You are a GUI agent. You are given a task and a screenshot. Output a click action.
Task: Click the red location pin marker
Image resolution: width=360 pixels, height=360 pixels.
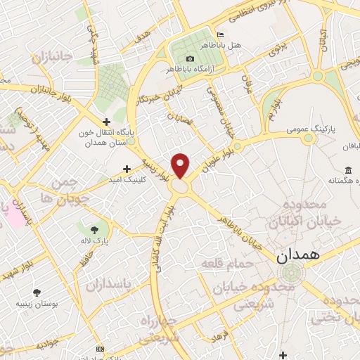pos(181,165)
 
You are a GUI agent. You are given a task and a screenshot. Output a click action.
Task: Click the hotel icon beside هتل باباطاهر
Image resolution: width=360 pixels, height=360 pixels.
pos(221,34)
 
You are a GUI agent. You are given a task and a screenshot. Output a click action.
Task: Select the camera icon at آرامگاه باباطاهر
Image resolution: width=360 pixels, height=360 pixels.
pos(189,58)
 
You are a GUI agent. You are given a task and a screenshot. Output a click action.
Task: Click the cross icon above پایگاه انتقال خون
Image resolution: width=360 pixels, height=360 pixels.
pos(105,122)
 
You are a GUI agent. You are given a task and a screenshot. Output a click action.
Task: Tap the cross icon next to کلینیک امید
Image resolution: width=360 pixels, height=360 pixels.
pos(127,169)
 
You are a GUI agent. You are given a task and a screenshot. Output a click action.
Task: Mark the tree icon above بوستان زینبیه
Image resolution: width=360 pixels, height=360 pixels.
pos(37,292)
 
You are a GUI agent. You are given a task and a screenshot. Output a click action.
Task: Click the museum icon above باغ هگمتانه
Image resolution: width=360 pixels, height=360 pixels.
pos(348,169)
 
